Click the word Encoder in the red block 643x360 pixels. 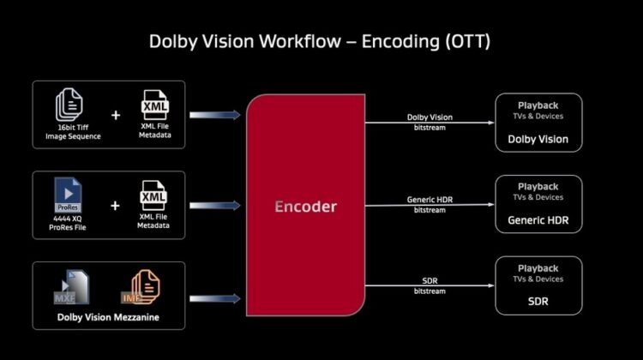pyautogui.click(x=305, y=207)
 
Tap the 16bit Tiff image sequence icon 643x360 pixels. pyautogui.click(x=69, y=105)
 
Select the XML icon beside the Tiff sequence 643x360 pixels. pyautogui.click(x=154, y=105)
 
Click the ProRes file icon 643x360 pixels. pyautogui.click(x=68, y=195)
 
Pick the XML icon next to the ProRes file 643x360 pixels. pyautogui.click(x=153, y=196)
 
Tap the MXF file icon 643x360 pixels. pyautogui.click(x=71, y=287)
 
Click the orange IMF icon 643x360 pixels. pyautogui.click(x=141, y=287)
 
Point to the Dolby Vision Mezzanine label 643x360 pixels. pyautogui.click(x=108, y=317)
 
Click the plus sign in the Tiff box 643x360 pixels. pyautogui.click(x=116, y=115)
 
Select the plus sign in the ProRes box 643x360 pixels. pyautogui.click(x=115, y=206)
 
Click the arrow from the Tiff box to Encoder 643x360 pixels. pyautogui.click(x=215, y=115)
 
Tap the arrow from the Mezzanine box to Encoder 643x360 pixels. pyautogui.click(x=215, y=298)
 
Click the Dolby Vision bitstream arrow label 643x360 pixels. pyautogui.click(x=430, y=123)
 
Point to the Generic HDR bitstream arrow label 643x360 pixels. pyautogui.click(x=430, y=205)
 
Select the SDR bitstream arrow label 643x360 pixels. pyautogui.click(x=430, y=285)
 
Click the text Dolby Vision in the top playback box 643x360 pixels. pyautogui.click(x=538, y=140)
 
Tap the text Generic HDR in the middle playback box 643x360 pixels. pyautogui.click(x=538, y=220)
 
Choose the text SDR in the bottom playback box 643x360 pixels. pyautogui.click(x=538, y=302)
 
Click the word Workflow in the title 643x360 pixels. pyautogui.click(x=300, y=41)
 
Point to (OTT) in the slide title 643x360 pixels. pyautogui.click(x=467, y=42)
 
